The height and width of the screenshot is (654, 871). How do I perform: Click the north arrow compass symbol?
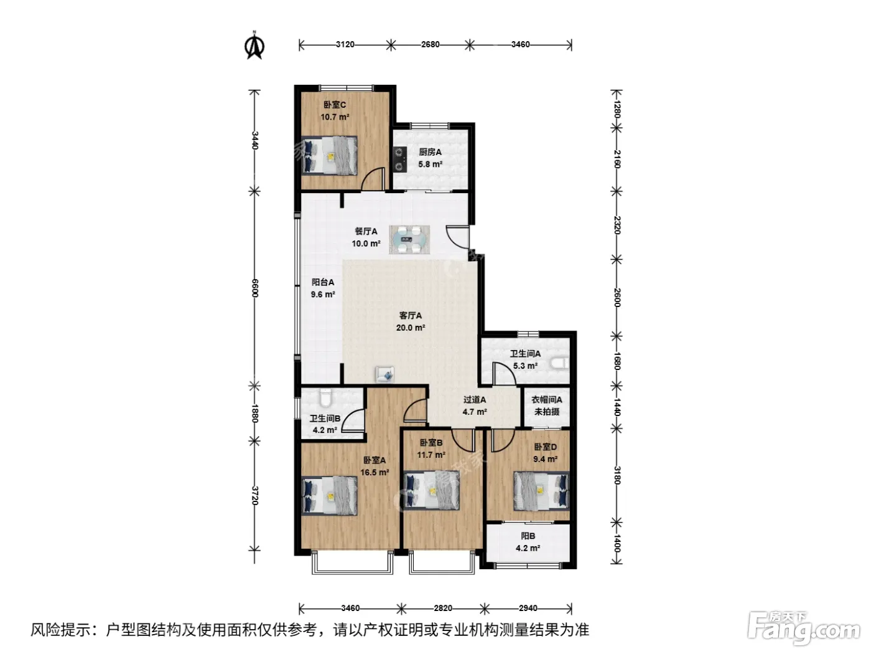coord(254,45)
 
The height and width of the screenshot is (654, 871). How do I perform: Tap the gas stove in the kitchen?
coord(399,159)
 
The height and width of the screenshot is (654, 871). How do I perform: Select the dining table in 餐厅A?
coord(409,239)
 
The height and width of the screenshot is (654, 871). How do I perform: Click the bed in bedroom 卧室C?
coord(329,155)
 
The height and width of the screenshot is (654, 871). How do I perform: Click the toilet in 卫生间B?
coord(325,398)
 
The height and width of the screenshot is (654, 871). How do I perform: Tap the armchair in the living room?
coord(384,374)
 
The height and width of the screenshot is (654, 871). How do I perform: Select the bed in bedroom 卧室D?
coord(541,491)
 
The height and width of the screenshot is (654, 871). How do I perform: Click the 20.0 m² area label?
coord(410,328)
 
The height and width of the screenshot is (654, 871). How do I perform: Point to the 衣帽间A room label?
coord(546,399)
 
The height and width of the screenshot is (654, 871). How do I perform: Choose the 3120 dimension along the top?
coord(345,44)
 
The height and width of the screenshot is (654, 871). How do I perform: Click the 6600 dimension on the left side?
coord(254,288)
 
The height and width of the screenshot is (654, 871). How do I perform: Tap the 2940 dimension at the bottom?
coord(528,608)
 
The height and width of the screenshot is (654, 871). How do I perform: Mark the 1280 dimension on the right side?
coord(617,109)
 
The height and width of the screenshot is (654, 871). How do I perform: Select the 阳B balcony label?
coord(528,536)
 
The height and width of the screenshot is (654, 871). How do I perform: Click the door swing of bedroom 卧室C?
coord(373,179)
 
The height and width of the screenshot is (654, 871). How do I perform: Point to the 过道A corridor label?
coord(475,399)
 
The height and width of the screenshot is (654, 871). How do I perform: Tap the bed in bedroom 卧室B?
coord(431,491)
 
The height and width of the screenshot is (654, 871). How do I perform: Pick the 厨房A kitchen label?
coord(430,152)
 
